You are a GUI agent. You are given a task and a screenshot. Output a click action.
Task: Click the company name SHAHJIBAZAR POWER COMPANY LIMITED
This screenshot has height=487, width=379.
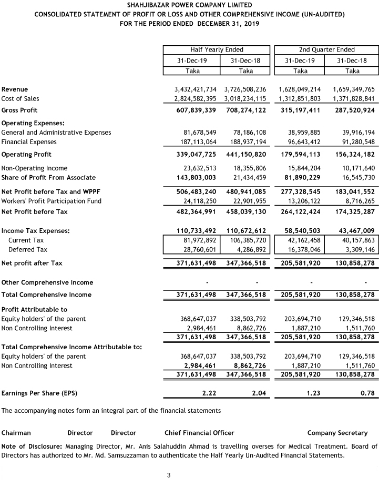click(x=189, y=5)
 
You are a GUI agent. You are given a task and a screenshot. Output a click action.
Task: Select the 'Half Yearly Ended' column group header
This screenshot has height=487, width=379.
click(x=217, y=49)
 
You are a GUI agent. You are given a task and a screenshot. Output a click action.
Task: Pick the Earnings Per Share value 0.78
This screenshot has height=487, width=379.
click(x=367, y=392)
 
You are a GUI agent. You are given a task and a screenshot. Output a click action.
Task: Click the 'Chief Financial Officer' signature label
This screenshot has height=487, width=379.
click(x=199, y=433)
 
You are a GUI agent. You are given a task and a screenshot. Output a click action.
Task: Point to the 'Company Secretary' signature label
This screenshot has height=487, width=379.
click(x=337, y=433)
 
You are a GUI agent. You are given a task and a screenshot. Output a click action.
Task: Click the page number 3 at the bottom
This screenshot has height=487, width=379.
click(x=169, y=476)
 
